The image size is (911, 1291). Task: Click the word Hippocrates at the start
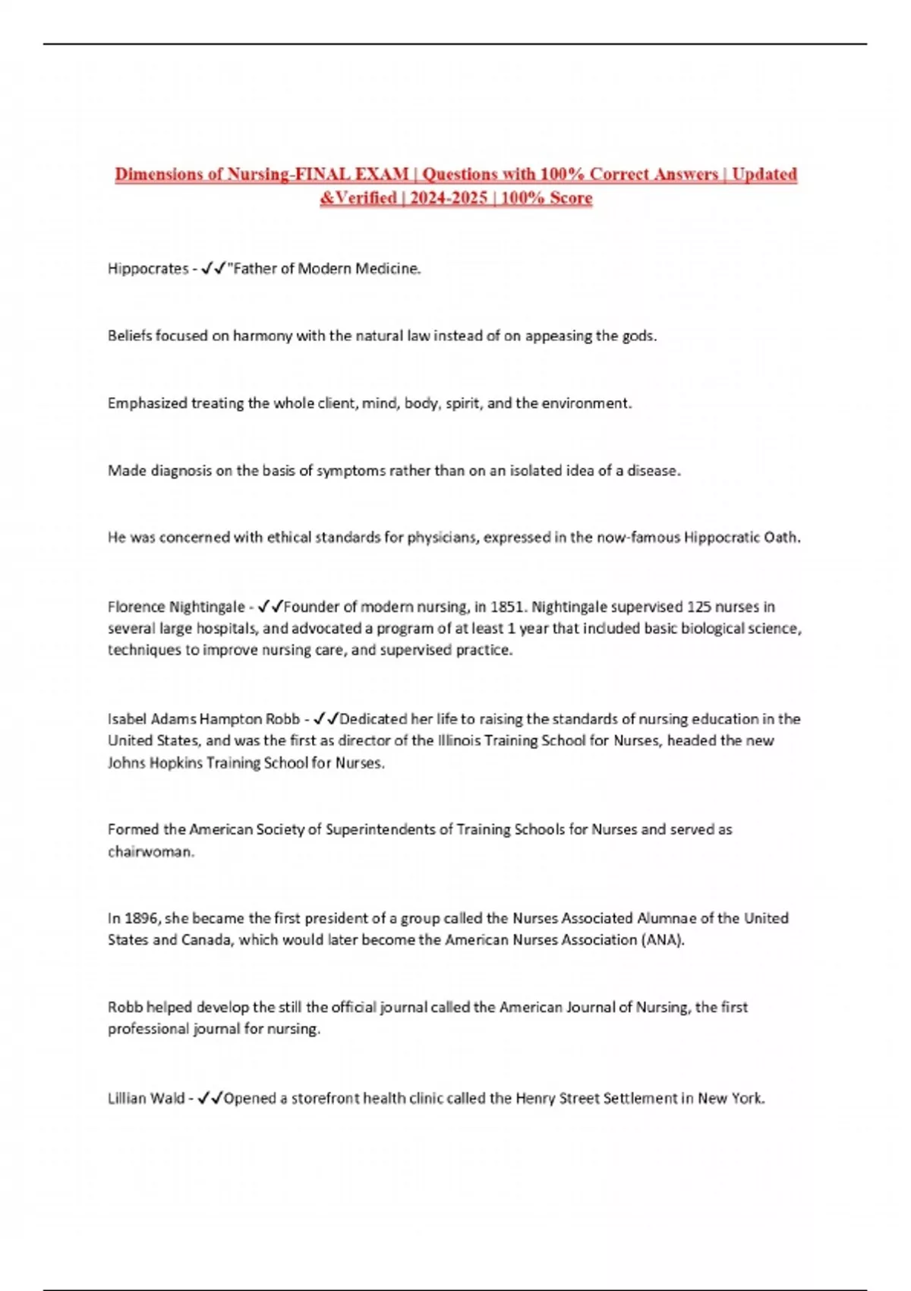point(147,269)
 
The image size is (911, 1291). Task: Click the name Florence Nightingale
point(176,607)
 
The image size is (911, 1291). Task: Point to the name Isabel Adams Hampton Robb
point(203,719)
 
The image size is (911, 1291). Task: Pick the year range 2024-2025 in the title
point(449,198)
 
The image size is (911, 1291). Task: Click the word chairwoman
point(151,852)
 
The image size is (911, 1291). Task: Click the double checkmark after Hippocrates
point(213,269)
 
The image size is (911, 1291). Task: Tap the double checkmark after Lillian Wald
point(210,1098)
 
